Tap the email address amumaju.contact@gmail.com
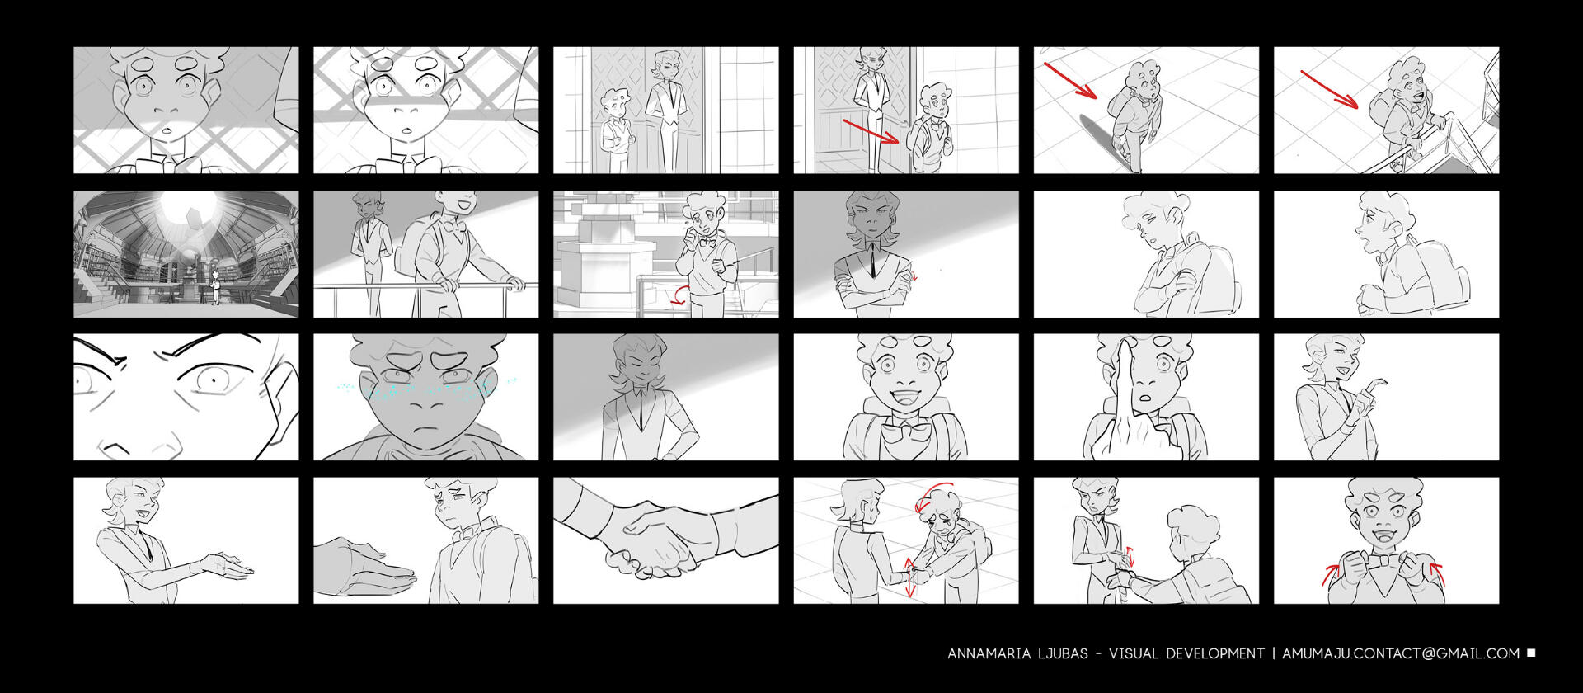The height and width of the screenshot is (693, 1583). pyautogui.click(x=1401, y=654)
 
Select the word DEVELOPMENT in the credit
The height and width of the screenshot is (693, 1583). pyautogui.click(x=1215, y=654)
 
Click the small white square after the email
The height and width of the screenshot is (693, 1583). pyautogui.click(x=1531, y=653)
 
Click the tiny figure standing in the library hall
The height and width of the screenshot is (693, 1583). pyautogui.click(x=216, y=286)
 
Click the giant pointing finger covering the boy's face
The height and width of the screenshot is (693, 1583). pyautogui.click(x=1126, y=396)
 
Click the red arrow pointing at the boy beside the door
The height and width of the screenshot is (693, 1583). pyautogui.click(x=871, y=131)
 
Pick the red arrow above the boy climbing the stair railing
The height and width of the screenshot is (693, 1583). pyautogui.click(x=1329, y=89)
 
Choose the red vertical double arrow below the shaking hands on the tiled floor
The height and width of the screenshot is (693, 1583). pyautogui.click(x=909, y=577)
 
